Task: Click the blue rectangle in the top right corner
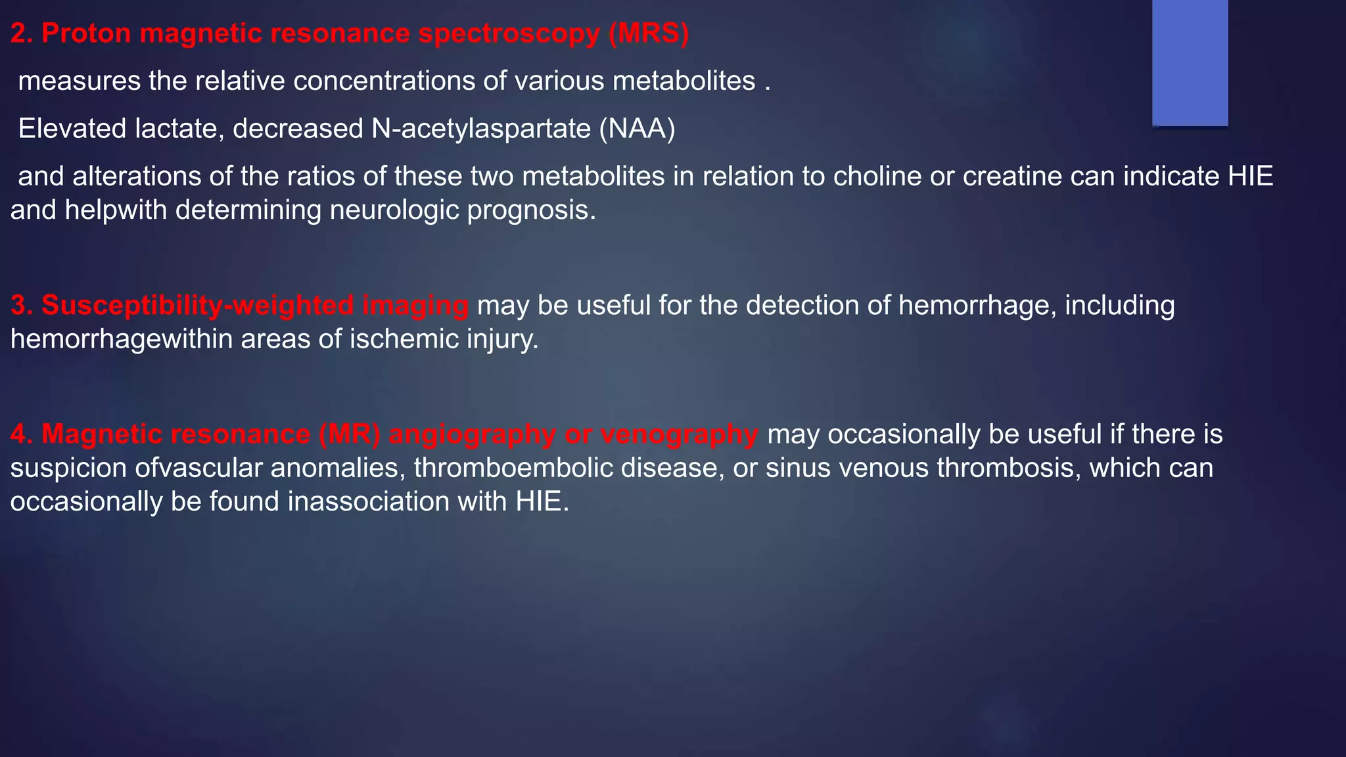pos(1190,62)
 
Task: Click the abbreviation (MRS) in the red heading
pos(648,34)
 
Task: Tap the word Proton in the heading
pos(86,34)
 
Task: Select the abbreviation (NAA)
pos(637,129)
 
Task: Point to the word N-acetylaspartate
pos(480,129)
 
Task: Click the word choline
pos(873,177)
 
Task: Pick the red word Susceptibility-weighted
pos(197,306)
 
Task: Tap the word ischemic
pos(404,340)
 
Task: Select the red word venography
pos(680,435)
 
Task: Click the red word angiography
pos(472,435)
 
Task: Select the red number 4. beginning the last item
pos(22,435)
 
